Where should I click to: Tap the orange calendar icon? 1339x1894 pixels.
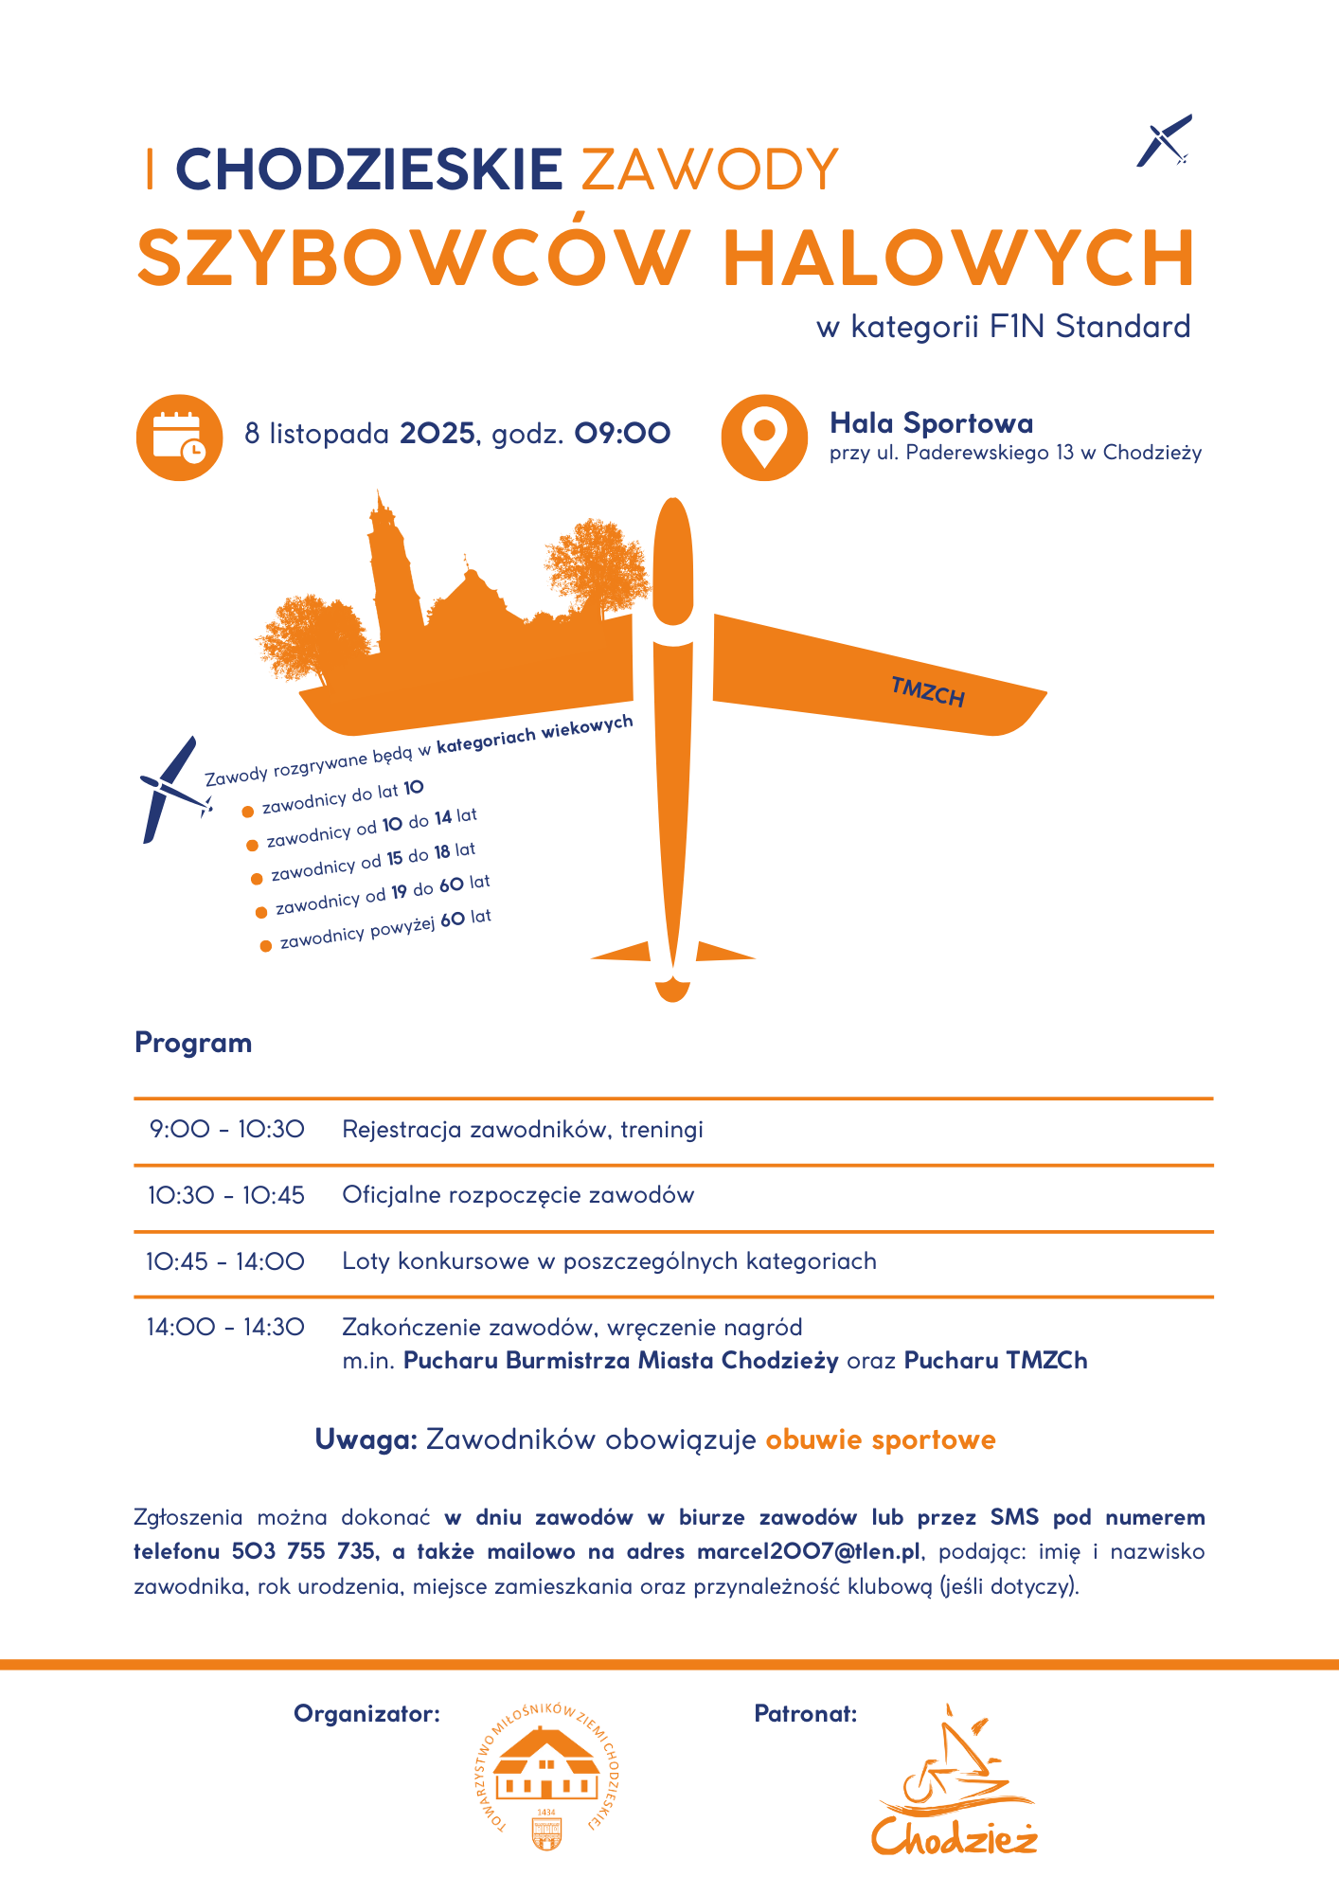point(179,437)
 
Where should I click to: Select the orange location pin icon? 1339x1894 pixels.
point(763,437)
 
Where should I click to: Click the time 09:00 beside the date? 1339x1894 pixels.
point(622,434)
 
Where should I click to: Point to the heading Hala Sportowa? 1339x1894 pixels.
point(931,423)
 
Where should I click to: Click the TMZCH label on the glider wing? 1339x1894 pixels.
point(927,692)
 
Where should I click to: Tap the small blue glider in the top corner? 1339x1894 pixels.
point(1164,141)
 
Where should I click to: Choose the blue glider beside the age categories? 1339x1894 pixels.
point(172,788)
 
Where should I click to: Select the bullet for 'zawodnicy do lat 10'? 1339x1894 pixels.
point(248,812)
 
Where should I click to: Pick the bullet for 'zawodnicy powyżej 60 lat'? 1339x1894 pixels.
point(266,945)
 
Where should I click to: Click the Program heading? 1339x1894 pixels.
point(193,1043)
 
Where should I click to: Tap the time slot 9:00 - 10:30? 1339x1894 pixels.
point(226,1129)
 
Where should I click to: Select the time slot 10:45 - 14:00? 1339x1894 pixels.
point(225,1261)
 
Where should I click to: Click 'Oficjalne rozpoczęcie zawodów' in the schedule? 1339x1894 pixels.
point(518,1195)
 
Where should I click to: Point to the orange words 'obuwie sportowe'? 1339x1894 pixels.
point(881,1439)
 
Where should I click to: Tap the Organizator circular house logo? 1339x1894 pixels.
point(546,1778)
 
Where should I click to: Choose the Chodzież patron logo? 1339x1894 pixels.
point(955,1782)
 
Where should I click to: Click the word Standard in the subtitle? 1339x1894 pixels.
point(1122,327)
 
